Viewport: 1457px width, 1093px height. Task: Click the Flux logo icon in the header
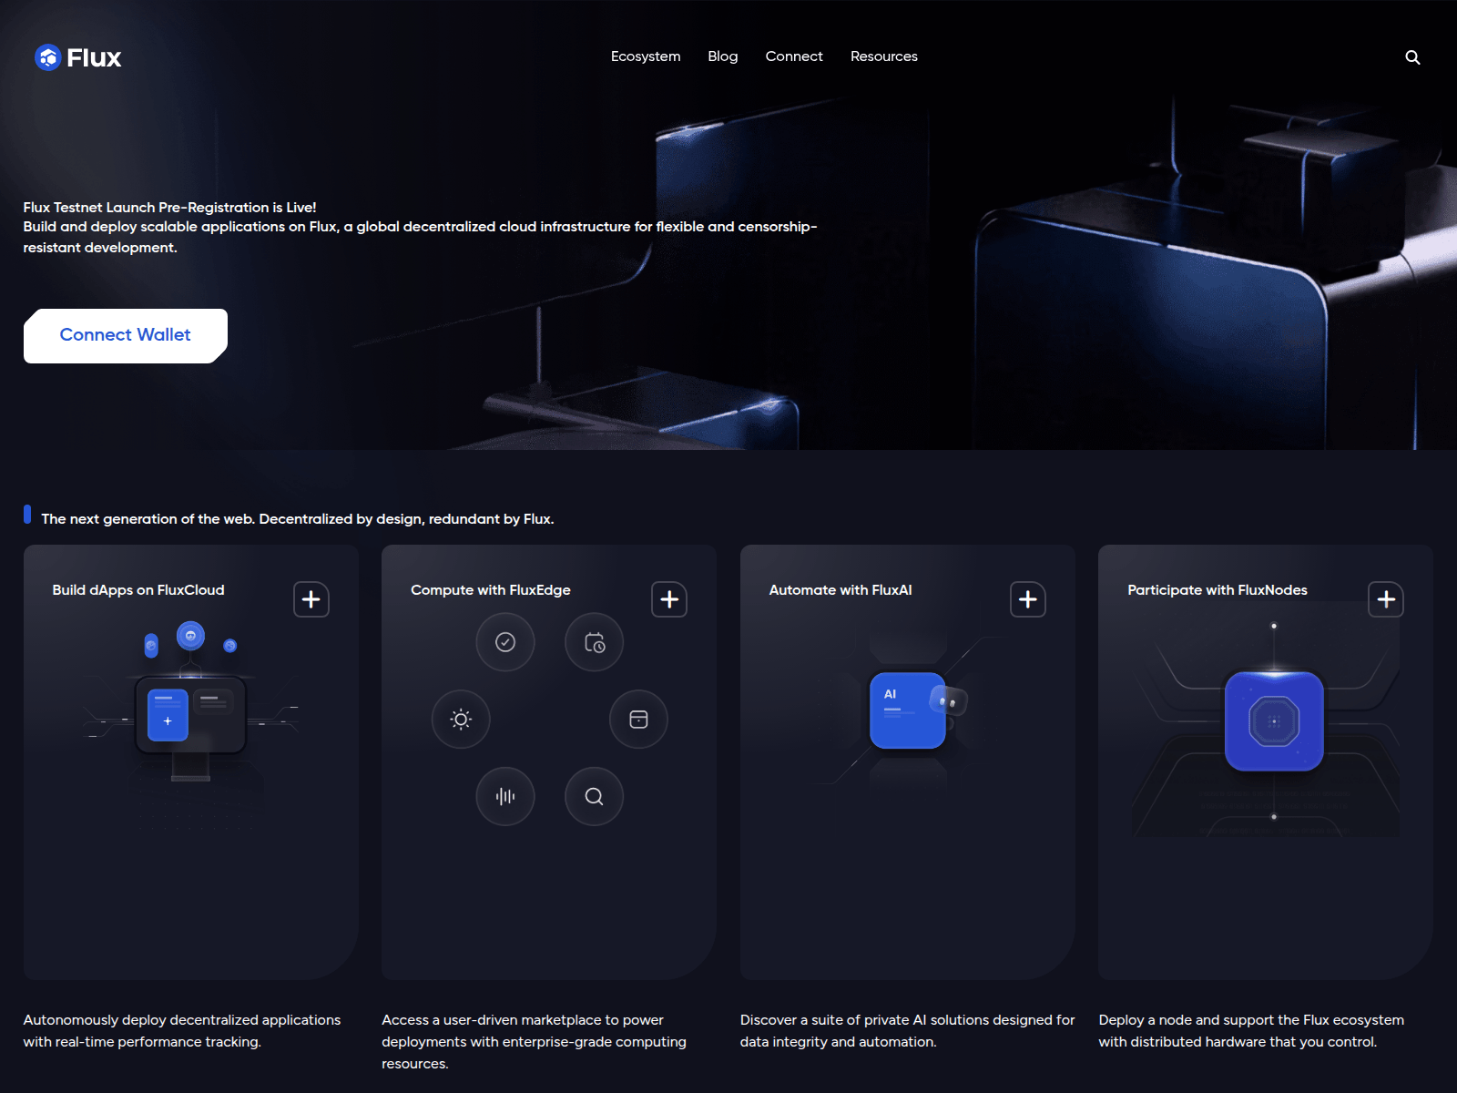pos(47,57)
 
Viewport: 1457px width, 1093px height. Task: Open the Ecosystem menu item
pos(646,56)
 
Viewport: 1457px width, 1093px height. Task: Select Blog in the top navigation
pos(722,56)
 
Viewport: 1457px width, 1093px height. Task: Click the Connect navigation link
pos(793,56)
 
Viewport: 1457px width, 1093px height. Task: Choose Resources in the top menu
pos(883,56)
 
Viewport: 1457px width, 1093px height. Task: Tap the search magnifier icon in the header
pos(1411,57)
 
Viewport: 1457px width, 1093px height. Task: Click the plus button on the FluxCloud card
pos(311,599)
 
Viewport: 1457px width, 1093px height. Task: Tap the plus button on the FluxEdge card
pos(668,599)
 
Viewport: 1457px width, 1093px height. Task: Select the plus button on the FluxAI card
pos(1027,599)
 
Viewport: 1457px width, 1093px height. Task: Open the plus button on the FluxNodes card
pos(1385,599)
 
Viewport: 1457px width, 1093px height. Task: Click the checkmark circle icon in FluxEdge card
pos(505,642)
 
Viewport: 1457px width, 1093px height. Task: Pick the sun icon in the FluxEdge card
pos(461,720)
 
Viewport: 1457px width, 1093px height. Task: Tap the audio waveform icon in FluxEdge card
pos(505,796)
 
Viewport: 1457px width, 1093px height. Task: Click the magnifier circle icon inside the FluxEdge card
pos(594,796)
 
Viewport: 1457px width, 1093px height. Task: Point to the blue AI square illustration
pos(907,710)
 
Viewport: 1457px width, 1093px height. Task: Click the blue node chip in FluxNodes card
pos(1274,721)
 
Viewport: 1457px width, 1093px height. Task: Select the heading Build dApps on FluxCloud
pos(138,590)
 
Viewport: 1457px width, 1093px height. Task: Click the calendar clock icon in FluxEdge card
pos(594,642)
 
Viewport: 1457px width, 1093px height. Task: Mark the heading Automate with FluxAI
pos(840,590)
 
